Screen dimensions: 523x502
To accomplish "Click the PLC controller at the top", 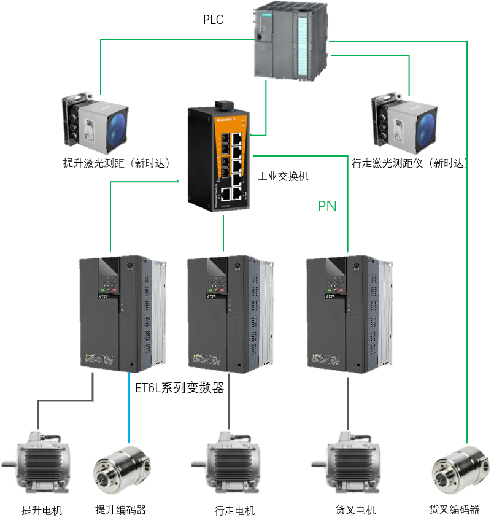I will pos(292,41).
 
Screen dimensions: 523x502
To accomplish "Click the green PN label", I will pos(327,206).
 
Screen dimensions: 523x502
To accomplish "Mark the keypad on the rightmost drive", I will pos(336,285).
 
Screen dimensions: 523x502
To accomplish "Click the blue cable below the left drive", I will pos(129,408).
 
